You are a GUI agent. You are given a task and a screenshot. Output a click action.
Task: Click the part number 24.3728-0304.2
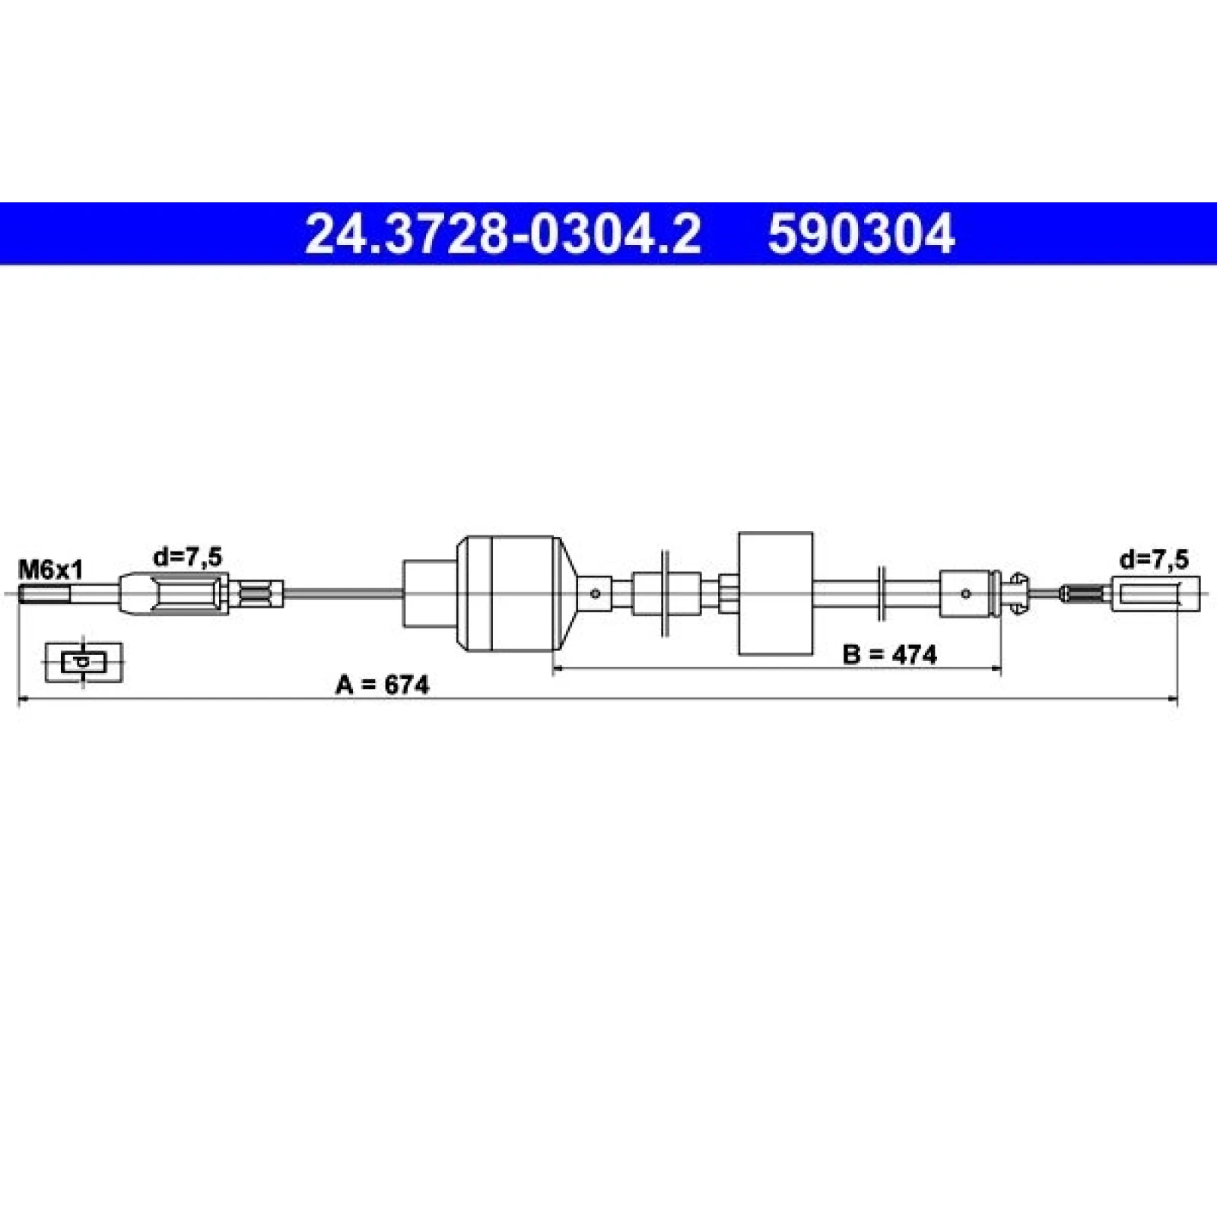502,234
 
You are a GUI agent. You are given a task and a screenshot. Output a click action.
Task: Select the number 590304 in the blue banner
861,234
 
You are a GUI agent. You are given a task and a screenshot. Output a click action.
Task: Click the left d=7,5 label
187,558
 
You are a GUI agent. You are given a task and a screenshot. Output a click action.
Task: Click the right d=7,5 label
1153,561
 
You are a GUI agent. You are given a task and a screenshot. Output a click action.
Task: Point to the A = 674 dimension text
383,686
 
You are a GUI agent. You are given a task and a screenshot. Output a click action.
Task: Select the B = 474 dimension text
890,654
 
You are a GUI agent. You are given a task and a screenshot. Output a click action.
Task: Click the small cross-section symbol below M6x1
84,662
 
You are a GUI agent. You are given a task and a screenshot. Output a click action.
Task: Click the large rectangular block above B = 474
776,593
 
